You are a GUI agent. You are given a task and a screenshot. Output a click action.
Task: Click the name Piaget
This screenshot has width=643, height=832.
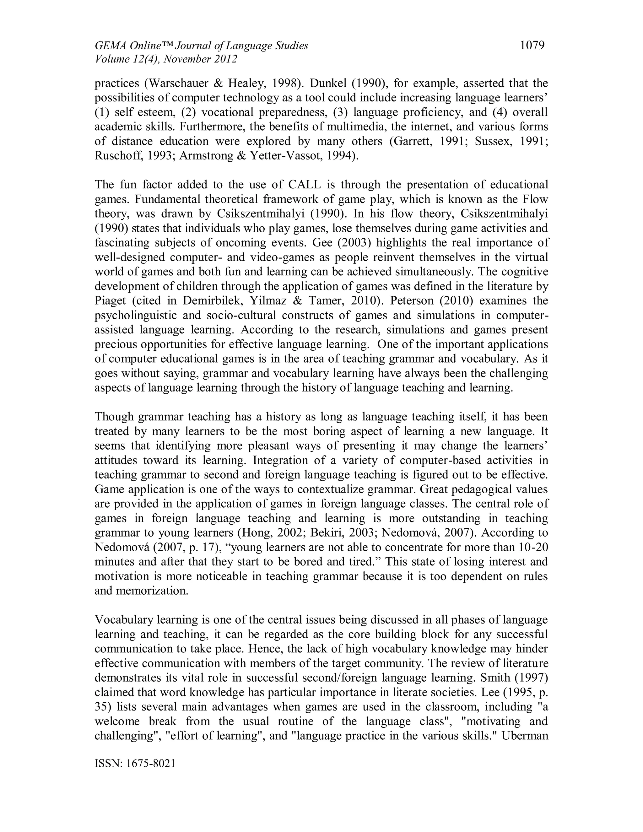tap(110, 300)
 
